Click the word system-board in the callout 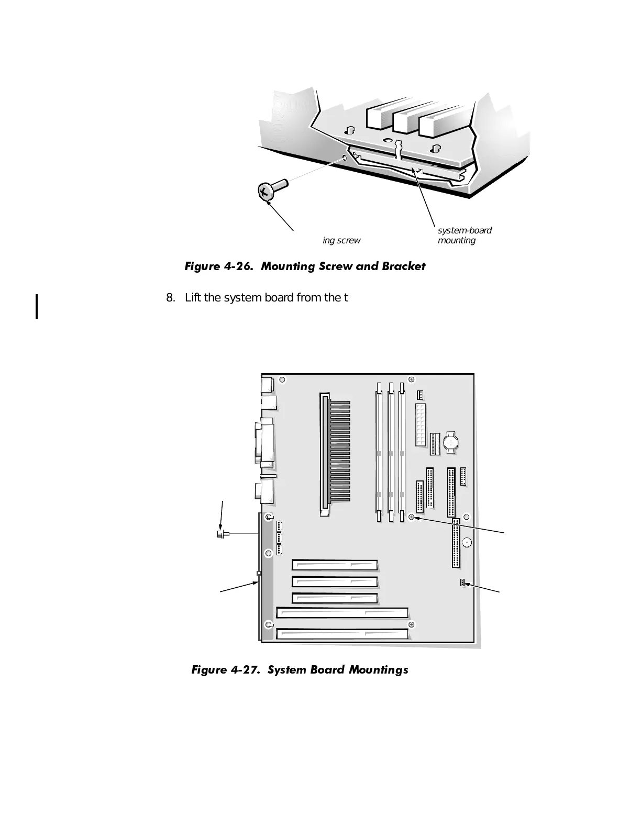(x=465, y=231)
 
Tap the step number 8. (x=170, y=298)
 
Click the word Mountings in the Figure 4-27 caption (x=378, y=670)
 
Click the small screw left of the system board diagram (x=221, y=534)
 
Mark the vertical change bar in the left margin (x=37, y=307)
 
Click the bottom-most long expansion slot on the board (x=342, y=634)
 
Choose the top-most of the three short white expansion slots (x=335, y=565)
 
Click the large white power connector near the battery (x=421, y=424)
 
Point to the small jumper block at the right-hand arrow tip (x=462, y=583)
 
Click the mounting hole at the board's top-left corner (x=282, y=380)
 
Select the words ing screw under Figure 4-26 (x=341, y=241)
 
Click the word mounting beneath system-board (x=457, y=241)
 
